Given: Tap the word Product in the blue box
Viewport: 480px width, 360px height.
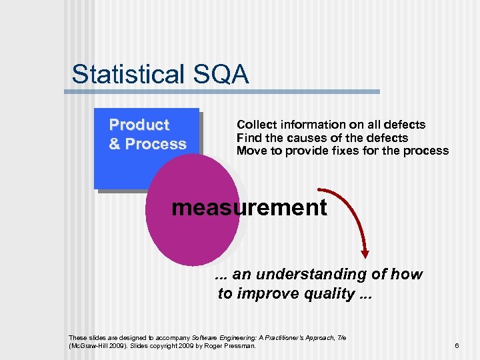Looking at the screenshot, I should tap(139, 125).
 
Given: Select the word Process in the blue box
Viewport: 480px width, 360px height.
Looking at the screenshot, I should tap(155, 144).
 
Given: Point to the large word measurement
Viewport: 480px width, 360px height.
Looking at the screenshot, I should tap(249, 207).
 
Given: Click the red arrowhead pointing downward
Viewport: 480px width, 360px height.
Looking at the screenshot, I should tap(366, 253).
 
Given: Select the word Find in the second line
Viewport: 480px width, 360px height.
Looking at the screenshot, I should tap(248, 138).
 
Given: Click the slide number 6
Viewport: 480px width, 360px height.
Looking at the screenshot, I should tap(457, 345).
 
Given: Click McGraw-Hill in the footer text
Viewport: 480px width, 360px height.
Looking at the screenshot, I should tap(90, 346).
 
